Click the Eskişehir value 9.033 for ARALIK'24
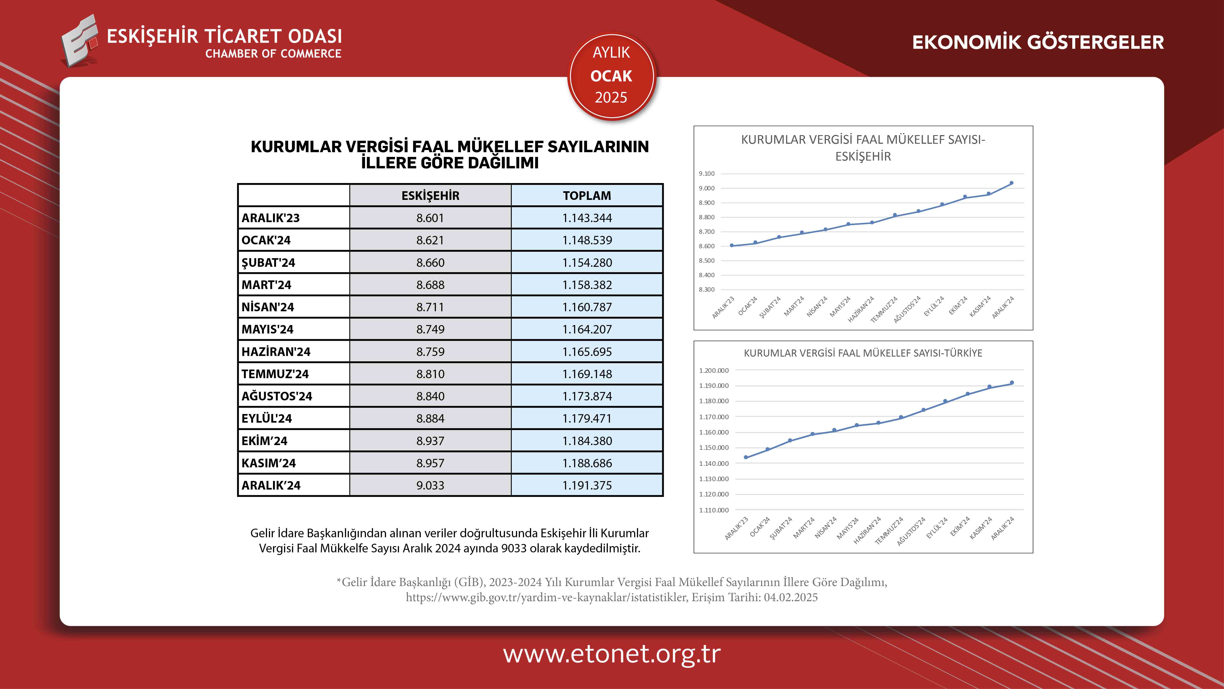[430, 485]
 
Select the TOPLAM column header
[587, 196]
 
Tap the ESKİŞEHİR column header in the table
[430, 196]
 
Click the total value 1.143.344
[587, 218]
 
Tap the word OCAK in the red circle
[611, 76]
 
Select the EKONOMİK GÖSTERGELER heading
[1038, 42]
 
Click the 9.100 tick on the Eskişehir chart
[706, 174]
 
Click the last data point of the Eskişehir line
[1011, 183]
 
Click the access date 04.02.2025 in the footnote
[791, 597]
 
